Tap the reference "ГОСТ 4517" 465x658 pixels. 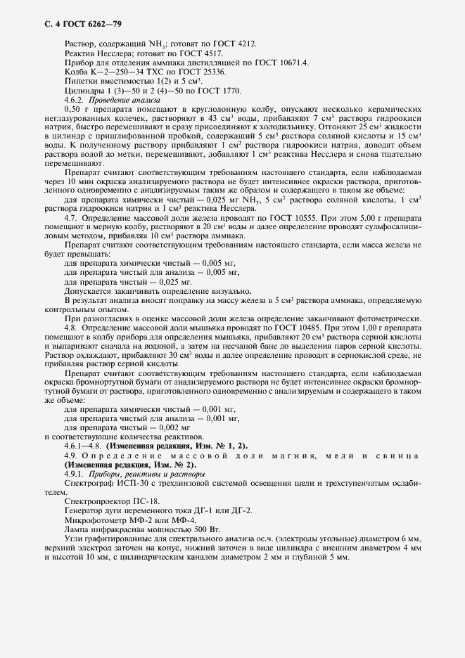pos(202,53)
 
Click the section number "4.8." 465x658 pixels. pos(71,328)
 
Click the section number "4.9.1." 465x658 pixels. pos(75,475)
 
